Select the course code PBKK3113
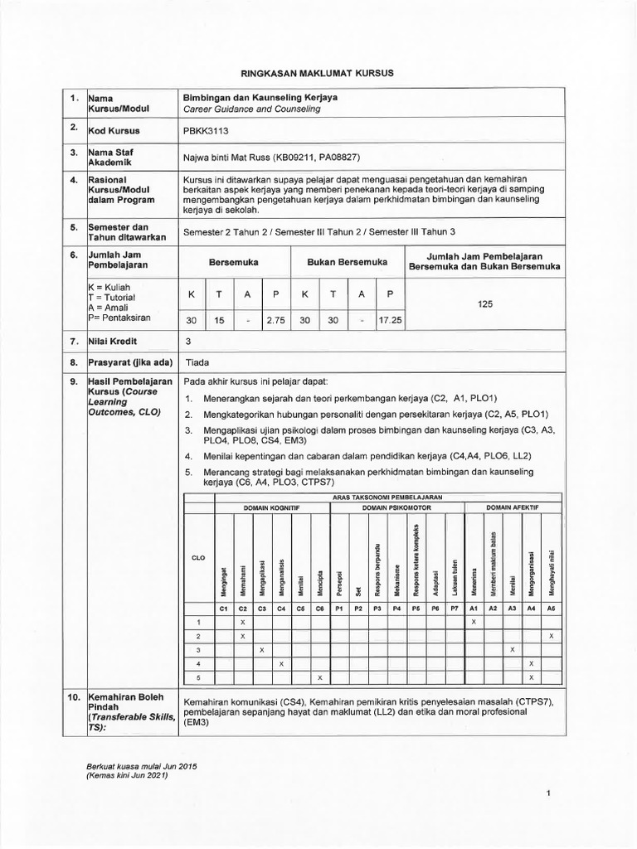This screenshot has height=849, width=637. (x=205, y=131)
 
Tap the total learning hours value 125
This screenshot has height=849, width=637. (x=485, y=304)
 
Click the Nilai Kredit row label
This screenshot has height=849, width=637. (x=114, y=341)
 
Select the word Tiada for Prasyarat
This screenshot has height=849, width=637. (x=197, y=362)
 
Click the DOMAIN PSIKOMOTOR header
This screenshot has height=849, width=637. (x=396, y=505)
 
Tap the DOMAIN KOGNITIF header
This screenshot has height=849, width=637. (x=271, y=505)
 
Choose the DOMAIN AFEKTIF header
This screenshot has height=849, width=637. (x=512, y=505)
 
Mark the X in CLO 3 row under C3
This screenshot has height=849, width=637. (x=262, y=649)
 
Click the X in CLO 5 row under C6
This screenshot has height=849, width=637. (x=320, y=677)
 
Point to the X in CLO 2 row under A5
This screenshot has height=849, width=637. (x=551, y=635)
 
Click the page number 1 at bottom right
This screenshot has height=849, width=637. (x=549, y=794)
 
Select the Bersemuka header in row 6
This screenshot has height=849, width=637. (x=234, y=262)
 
